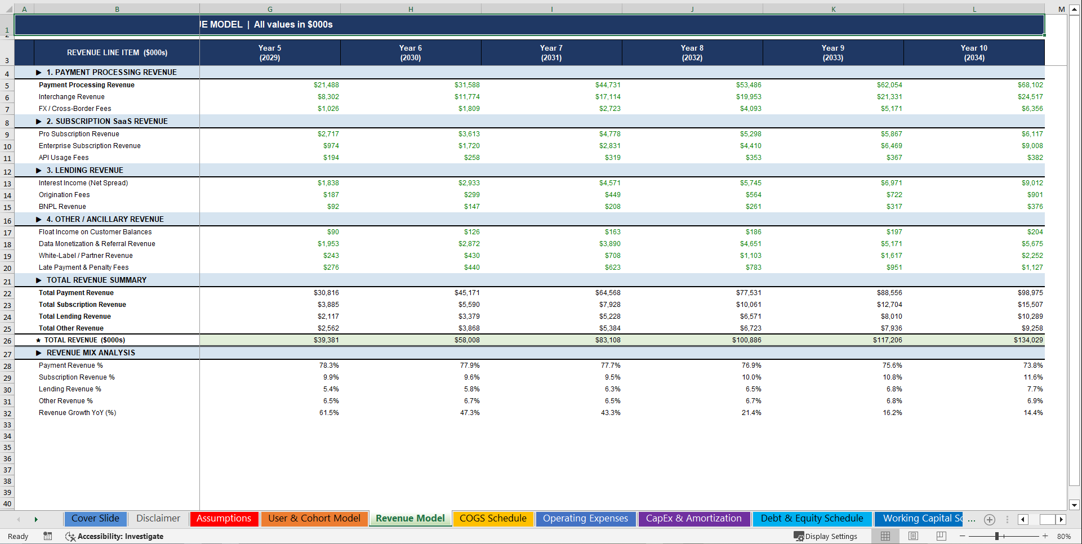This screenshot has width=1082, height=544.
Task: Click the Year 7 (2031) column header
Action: (x=551, y=52)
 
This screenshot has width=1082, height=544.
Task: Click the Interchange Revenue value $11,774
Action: (x=467, y=97)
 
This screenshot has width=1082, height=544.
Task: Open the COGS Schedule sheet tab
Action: (x=493, y=519)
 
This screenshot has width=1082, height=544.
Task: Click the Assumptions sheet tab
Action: (x=224, y=519)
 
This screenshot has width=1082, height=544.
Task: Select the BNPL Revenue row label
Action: (x=63, y=207)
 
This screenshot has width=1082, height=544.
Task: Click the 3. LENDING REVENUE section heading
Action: (x=84, y=170)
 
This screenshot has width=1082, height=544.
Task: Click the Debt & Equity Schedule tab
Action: (x=812, y=519)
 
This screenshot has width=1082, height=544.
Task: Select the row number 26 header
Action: (x=7, y=341)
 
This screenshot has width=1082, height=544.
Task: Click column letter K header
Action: (x=833, y=9)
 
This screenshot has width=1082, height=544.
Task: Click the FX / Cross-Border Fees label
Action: (x=75, y=109)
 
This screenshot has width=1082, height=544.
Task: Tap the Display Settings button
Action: (x=826, y=536)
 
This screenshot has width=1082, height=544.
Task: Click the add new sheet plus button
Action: (x=990, y=520)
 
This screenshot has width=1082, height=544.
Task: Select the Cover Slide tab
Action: (x=95, y=519)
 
